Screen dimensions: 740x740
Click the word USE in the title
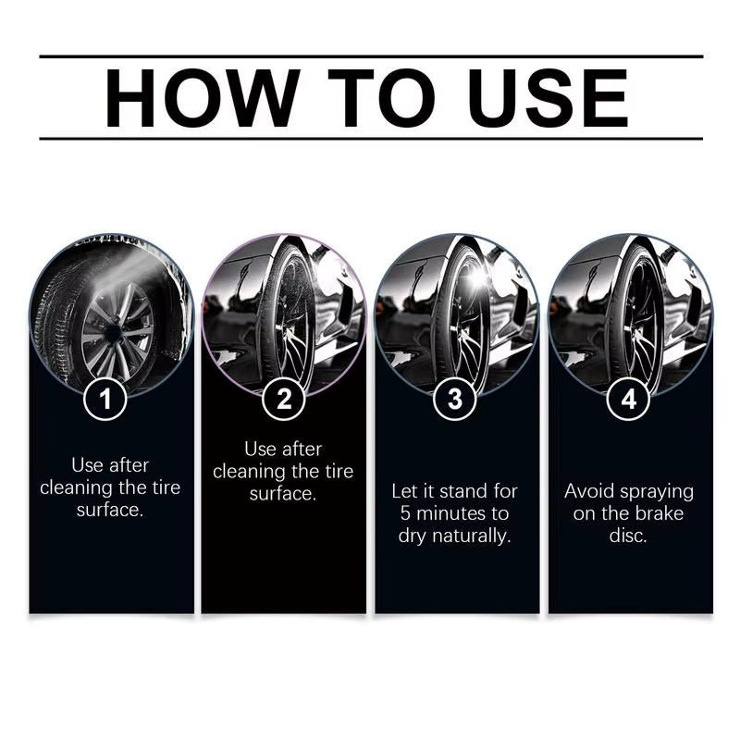pos(549,97)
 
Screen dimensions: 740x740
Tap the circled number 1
pos(111,400)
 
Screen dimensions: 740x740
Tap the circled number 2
pos(284,400)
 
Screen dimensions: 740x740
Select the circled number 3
pos(455,400)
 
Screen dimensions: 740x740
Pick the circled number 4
pos(629,400)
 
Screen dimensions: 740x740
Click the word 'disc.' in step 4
pos(629,536)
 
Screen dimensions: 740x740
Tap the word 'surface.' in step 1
pos(111,510)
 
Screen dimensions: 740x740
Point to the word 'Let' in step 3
pos(403,490)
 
